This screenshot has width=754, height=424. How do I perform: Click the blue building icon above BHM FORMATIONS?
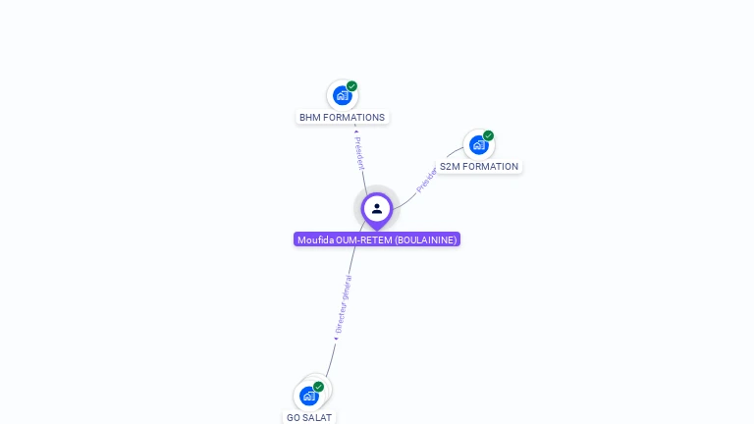click(342, 95)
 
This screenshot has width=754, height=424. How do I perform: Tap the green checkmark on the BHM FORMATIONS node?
click(351, 86)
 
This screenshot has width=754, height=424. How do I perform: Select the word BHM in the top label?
click(310, 118)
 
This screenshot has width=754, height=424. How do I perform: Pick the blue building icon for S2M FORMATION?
click(478, 145)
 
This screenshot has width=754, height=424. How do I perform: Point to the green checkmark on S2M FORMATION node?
click(488, 136)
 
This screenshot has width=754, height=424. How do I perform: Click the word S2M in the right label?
click(449, 167)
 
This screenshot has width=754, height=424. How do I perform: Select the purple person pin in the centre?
click(377, 209)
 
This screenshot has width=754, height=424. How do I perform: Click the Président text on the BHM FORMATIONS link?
click(359, 153)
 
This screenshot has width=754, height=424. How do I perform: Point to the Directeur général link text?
click(343, 305)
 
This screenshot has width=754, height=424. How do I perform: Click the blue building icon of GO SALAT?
click(308, 396)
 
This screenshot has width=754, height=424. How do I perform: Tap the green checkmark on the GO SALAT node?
click(318, 387)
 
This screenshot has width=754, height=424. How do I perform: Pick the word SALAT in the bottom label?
click(318, 418)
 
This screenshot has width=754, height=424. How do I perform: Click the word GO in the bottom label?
click(294, 418)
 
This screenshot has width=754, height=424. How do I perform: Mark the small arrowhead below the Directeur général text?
click(335, 339)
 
